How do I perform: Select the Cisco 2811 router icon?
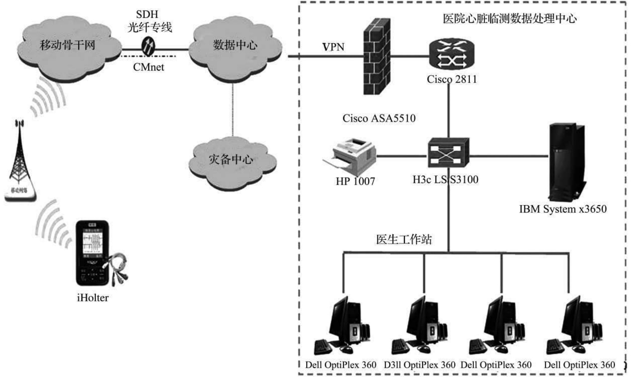tap(452, 54)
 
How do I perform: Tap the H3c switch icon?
tap(448, 153)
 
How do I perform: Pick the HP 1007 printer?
tap(350, 155)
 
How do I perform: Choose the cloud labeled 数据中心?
tap(235, 47)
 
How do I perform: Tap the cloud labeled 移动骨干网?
tap(69, 47)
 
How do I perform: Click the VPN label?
tap(333, 47)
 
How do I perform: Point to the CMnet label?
tap(148, 67)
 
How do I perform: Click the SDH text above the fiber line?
tap(147, 14)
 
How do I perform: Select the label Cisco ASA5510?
tap(379, 118)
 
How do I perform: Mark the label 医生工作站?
tap(404, 239)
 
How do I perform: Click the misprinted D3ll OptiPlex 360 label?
tap(419, 365)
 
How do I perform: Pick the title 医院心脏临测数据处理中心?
tap(510, 18)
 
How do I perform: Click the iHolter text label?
tap(93, 298)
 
